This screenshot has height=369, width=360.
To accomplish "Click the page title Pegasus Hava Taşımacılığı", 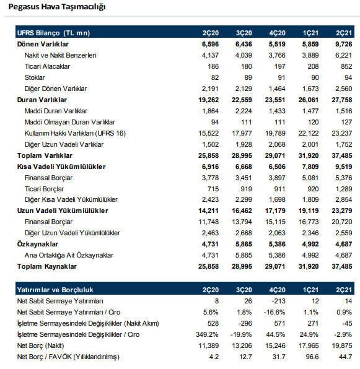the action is (57, 7).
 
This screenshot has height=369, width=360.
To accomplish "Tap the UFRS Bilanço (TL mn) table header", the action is (53, 33).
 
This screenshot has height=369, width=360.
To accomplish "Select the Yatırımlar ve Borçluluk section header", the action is (55, 290).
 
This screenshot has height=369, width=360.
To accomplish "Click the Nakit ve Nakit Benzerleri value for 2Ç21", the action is (343, 55).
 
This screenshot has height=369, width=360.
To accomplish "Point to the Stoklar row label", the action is (35, 77).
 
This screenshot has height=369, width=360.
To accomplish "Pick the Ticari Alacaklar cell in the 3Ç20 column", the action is (246, 67).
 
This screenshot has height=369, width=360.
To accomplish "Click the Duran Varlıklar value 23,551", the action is (275, 100).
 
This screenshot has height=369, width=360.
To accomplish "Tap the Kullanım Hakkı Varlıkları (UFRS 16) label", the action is (75, 134).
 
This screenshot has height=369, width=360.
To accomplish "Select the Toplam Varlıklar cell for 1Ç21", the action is (309, 155).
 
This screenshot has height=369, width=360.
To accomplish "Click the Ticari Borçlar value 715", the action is (213, 189).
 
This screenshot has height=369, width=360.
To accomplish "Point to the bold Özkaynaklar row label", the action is (37, 244).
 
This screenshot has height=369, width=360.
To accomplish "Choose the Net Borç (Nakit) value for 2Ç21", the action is (342, 345).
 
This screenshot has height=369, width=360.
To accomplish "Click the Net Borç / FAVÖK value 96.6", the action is (312, 357).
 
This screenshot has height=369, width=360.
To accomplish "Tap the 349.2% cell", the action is (207, 334).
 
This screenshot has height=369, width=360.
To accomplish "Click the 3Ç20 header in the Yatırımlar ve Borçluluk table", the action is (244, 290).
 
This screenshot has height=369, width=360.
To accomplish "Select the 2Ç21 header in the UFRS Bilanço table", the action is (344, 33).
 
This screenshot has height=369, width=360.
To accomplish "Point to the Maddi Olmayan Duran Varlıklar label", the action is (69, 122).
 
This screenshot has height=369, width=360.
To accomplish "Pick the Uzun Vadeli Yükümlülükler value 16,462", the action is (242, 211).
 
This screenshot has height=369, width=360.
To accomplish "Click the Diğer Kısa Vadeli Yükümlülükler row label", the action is (71, 199).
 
